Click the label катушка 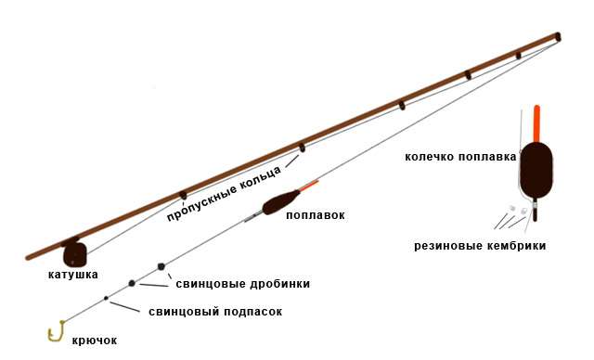(x=73, y=275)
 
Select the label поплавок (x=315, y=215)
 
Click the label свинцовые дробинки (x=242, y=283)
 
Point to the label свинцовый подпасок (x=214, y=312)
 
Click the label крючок (x=95, y=341)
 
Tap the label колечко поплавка (x=459, y=157)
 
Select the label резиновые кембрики (x=480, y=245)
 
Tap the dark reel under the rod (x=74, y=252)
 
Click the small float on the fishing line (x=278, y=203)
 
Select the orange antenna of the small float (x=310, y=184)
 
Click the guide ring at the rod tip (x=558, y=37)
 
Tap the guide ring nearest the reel (x=183, y=195)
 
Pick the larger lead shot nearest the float (x=161, y=266)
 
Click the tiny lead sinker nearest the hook (x=107, y=298)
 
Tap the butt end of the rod (x=31, y=255)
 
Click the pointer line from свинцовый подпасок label (x=127, y=305)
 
